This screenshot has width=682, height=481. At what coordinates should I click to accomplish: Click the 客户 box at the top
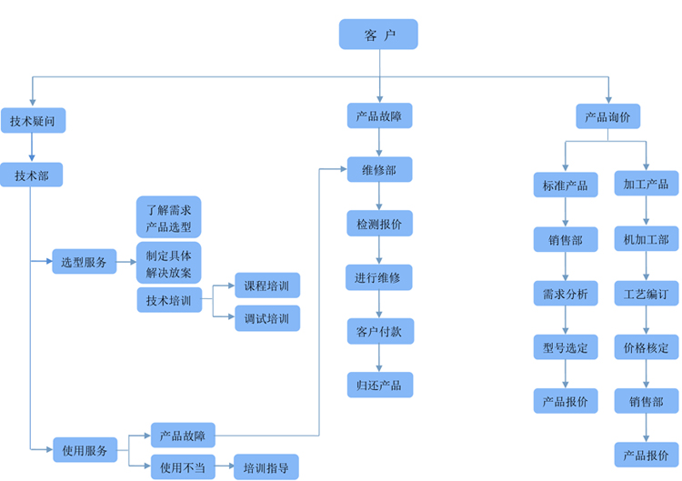tap(378, 35)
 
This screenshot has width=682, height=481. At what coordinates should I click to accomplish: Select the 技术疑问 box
tap(33, 121)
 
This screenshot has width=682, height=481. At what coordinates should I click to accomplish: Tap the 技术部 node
tap(32, 175)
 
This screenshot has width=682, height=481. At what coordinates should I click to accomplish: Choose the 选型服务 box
tap(84, 262)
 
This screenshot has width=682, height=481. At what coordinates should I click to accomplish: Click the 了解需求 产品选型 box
tap(168, 217)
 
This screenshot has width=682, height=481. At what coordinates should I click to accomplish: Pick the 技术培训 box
tap(168, 299)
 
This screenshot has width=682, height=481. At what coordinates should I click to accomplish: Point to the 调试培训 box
tap(266, 318)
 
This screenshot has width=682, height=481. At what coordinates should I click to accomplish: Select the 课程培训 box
tap(266, 285)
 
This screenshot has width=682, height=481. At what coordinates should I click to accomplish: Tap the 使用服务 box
tap(85, 449)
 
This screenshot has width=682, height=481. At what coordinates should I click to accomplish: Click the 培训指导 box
tap(266, 467)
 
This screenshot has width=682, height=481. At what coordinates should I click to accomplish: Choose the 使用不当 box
tap(182, 467)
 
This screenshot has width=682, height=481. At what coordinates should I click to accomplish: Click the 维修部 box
tap(378, 170)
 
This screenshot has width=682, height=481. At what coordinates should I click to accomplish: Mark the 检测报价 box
tap(379, 223)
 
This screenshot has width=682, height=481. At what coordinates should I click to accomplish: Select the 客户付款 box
tap(379, 331)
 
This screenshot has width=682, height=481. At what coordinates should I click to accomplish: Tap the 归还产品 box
tap(379, 385)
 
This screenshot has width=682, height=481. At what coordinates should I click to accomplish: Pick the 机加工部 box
tap(646, 239)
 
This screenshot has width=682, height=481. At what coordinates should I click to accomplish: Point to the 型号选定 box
tap(565, 346)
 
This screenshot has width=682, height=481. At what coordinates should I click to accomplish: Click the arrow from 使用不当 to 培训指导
tap(224, 467)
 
